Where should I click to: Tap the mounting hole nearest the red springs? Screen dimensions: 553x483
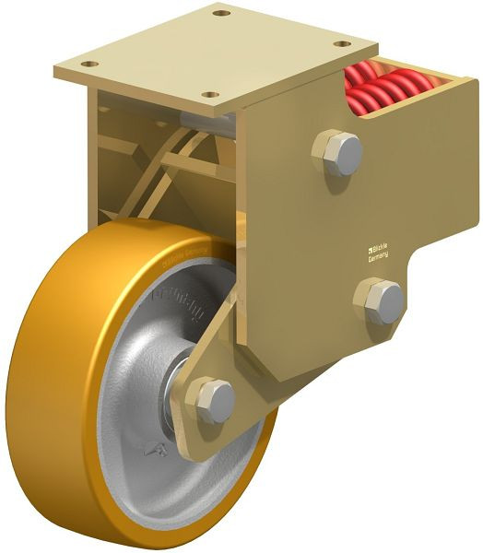342,44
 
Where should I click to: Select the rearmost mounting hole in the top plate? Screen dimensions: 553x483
220,13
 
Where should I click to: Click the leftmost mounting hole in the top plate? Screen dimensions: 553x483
89,64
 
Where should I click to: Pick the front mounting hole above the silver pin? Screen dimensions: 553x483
211,95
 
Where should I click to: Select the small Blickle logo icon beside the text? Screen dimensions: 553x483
363,247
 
